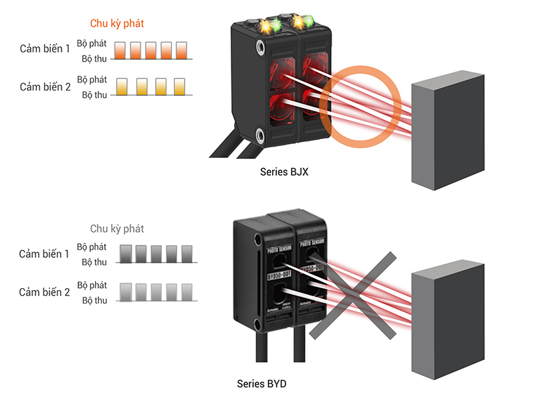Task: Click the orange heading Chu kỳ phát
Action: coord(117,23)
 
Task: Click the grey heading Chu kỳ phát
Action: coord(117,228)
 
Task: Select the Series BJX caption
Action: coord(284,172)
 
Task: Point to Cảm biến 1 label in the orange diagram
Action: coord(45,49)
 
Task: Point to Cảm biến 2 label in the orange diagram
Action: coord(45,86)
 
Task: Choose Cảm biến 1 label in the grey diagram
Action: coord(44,254)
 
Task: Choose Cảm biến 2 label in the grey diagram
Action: coord(44,291)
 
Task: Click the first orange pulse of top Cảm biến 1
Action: coord(120,50)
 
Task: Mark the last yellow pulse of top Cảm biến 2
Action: coord(180,86)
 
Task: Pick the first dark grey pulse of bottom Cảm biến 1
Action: coord(125,253)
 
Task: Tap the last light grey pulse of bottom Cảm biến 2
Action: coord(187,291)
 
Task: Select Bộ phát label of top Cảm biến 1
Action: coord(92,43)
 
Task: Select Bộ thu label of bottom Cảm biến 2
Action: coord(94,300)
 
